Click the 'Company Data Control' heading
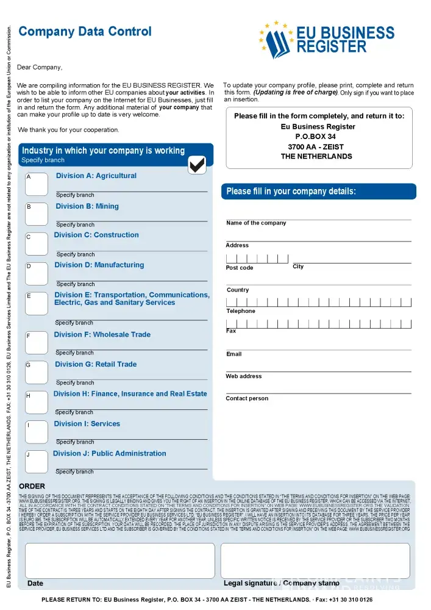pos(85,31)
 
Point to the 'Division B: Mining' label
pos(87,206)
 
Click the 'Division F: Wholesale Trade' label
pos(102,334)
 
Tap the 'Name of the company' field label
pos(256,223)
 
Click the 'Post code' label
pos(240,268)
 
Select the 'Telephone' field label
pos(241,311)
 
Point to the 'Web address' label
pos(244,376)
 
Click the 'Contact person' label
pos(247,398)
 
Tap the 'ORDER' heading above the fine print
pos(32,486)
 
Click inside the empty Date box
pos(119,560)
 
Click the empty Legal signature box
pos(315,560)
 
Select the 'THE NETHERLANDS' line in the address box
pos(316,156)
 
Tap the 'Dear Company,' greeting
pos(40,67)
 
